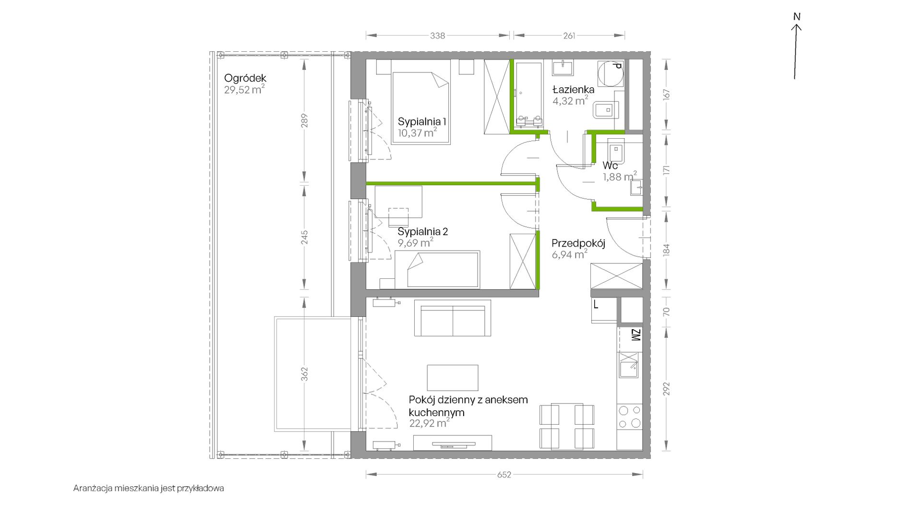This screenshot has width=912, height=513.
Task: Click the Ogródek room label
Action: (245, 78)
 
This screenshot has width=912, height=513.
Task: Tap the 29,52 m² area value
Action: (244, 90)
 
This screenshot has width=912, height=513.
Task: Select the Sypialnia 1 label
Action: (422, 122)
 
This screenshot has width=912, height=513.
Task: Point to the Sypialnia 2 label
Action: (423, 232)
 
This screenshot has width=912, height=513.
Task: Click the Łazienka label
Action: (573, 90)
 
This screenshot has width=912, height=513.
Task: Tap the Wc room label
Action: (610, 166)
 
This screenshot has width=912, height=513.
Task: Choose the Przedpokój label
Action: (578, 243)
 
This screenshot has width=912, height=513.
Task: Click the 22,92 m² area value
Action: (430, 423)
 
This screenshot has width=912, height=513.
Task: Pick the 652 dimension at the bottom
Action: (504, 475)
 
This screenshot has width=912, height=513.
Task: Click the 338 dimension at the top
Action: (437, 36)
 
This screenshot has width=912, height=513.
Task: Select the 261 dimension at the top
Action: (569, 36)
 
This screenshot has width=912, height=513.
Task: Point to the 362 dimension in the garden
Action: (304, 374)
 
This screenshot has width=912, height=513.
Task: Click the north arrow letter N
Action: (797, 17)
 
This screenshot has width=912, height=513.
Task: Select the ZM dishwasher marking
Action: (636, 335)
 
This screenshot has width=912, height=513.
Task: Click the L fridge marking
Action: (596, 304)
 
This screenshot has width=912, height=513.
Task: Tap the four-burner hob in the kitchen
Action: (630, 417)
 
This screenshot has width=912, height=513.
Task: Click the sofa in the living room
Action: (452, 318)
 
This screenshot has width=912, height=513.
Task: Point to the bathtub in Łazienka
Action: (528, 95)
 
